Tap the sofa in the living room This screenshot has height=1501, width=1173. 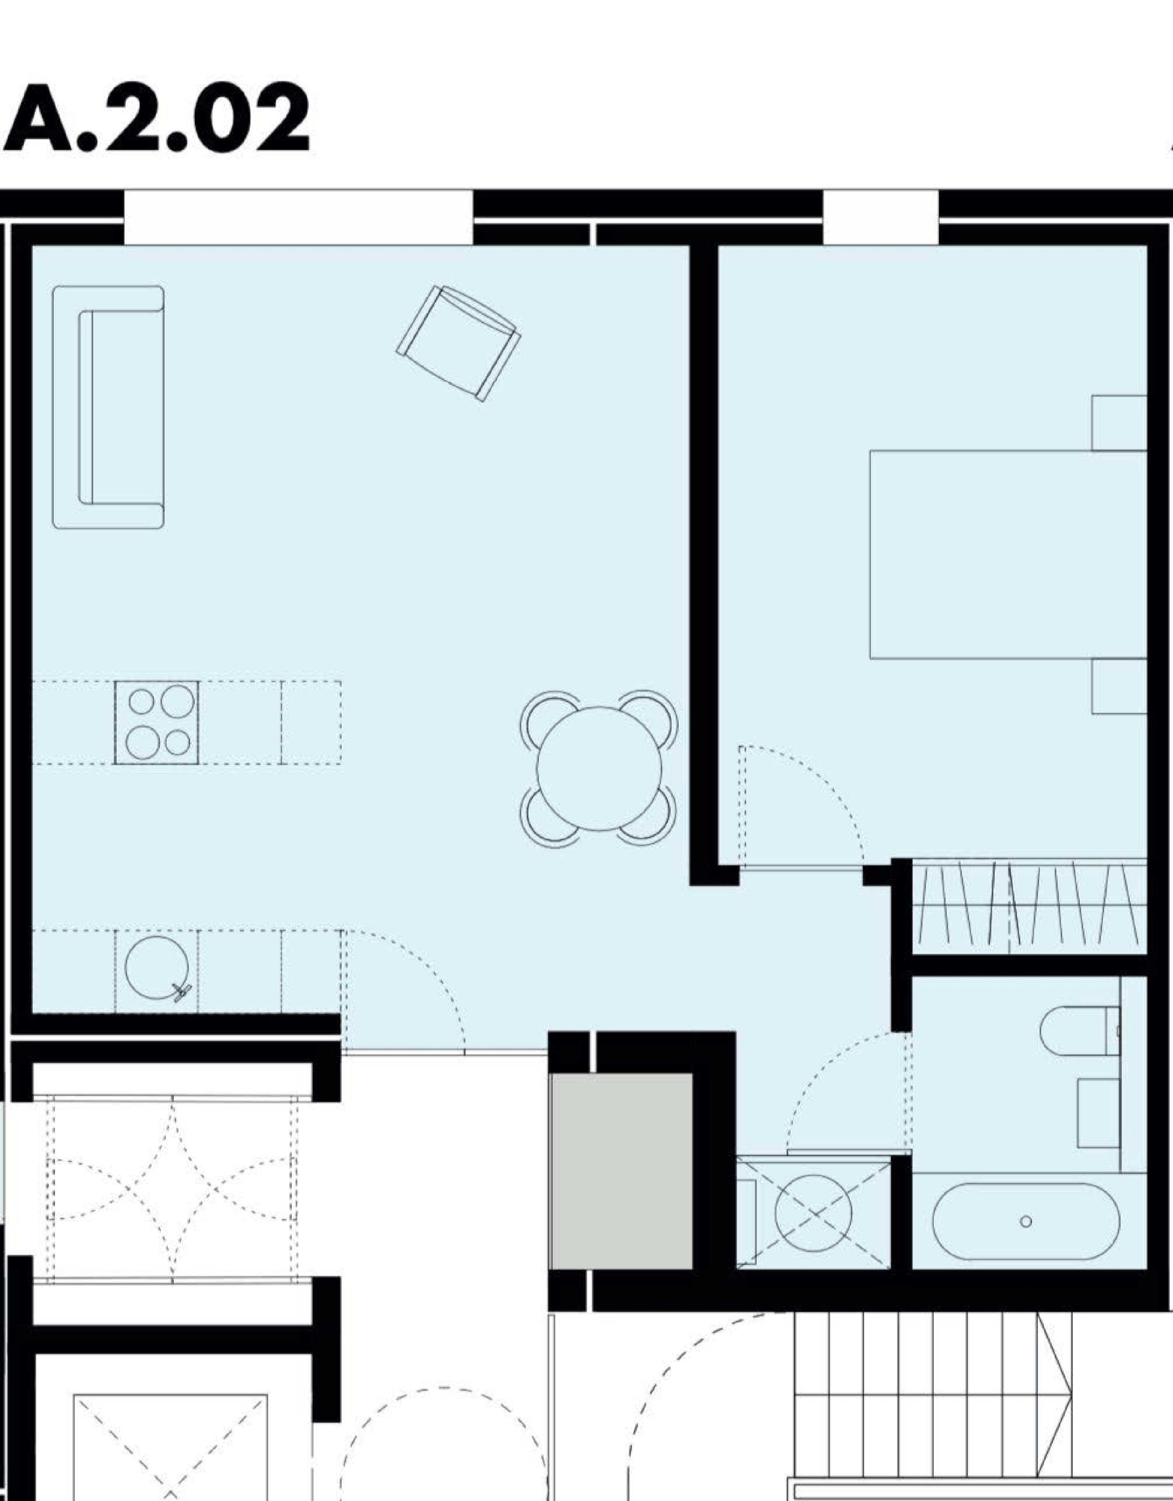pos(108,407)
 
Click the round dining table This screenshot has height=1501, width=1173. pos(599,769)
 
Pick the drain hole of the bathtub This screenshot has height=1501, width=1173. pos(1026,1221)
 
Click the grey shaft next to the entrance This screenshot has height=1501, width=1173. pos(621,1171)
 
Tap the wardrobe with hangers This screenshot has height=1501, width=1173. pos(1029,907)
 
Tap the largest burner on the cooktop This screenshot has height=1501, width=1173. pos(178,702)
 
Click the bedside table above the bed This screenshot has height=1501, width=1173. pos(1119,423)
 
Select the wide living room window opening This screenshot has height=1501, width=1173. pos(298,216)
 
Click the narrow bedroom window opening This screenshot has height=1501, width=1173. pos(881,216)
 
